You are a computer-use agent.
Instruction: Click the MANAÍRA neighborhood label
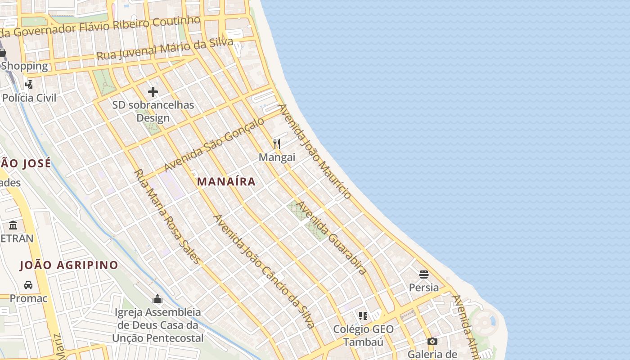[x=226, y=182]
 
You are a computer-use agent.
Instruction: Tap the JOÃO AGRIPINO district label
[x=69, y=265]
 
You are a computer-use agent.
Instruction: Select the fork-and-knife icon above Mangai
[x=277, y=144]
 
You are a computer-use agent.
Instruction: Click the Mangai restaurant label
[x=277, y=157]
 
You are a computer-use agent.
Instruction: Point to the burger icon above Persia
[x=423, y=274]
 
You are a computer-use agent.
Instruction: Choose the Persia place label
[x=423, y=287]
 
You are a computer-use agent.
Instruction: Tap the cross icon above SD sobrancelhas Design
[x=153, y=92]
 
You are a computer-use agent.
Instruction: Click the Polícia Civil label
[x=29, y=98]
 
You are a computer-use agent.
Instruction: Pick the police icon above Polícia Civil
[x=29, y=84]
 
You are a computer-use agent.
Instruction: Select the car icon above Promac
[x=28, y=285]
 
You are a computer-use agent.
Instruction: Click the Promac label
[x=28, y=298]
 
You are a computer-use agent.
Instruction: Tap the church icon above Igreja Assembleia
[x=157, y=299]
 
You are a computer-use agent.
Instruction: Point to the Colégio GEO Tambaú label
[x=363, y=335]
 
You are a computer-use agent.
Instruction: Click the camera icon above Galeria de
[x=432, y=342]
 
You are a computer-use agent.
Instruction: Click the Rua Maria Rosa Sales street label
[x=166, y=216]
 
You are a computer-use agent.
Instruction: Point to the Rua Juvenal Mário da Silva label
[x=165, y=49]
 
